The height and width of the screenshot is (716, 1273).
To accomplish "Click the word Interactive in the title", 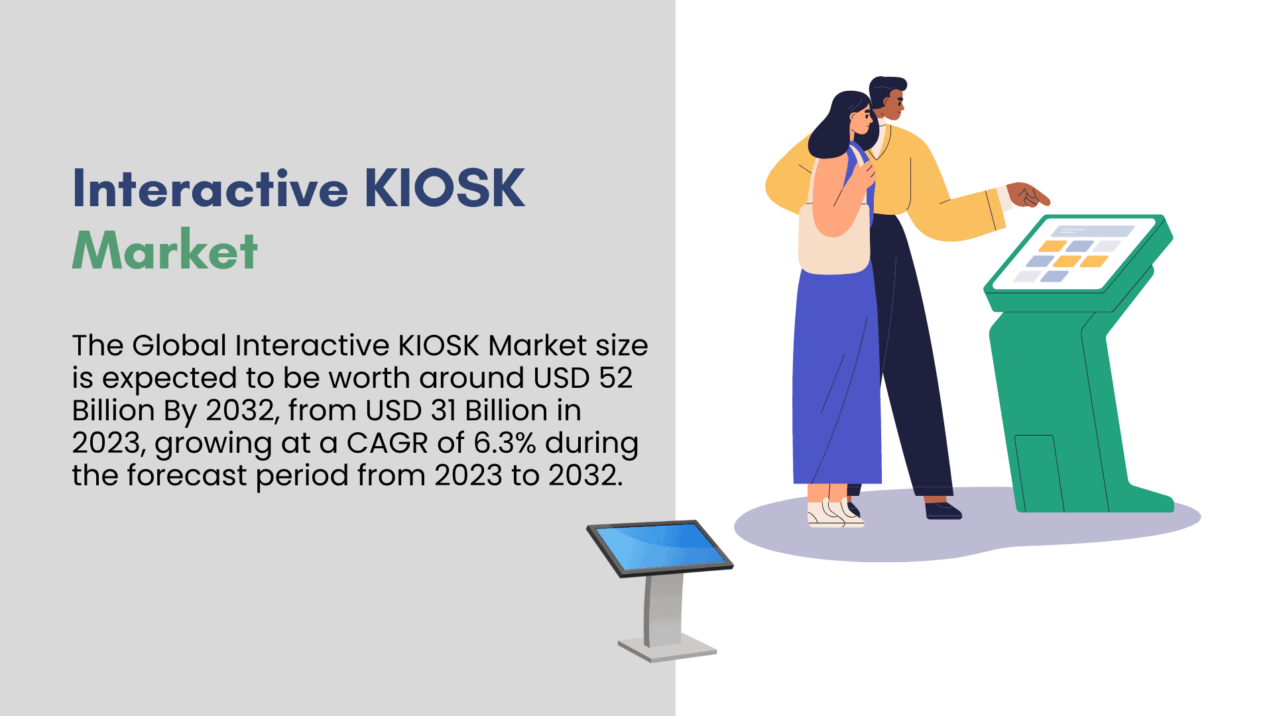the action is (x=210, y=188).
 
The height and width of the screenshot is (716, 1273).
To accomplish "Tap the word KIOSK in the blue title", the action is (x=445, y=188).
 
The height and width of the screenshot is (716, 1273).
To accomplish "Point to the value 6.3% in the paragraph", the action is (x=505, y=443).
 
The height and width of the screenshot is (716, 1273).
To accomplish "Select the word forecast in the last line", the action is (x=186, y=475).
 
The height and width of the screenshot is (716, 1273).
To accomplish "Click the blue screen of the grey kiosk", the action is (x=660, y=547).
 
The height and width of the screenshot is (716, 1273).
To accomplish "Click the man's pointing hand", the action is (x=1028, y=194).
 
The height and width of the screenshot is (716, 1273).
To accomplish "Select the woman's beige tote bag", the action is (x=834, y=237).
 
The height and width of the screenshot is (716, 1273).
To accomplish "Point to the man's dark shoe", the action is (x=943, y=510).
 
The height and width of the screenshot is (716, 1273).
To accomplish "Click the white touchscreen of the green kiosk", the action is (x=1075, y=254).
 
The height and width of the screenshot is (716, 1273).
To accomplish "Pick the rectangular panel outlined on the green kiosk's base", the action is (x=1038, y=473).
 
